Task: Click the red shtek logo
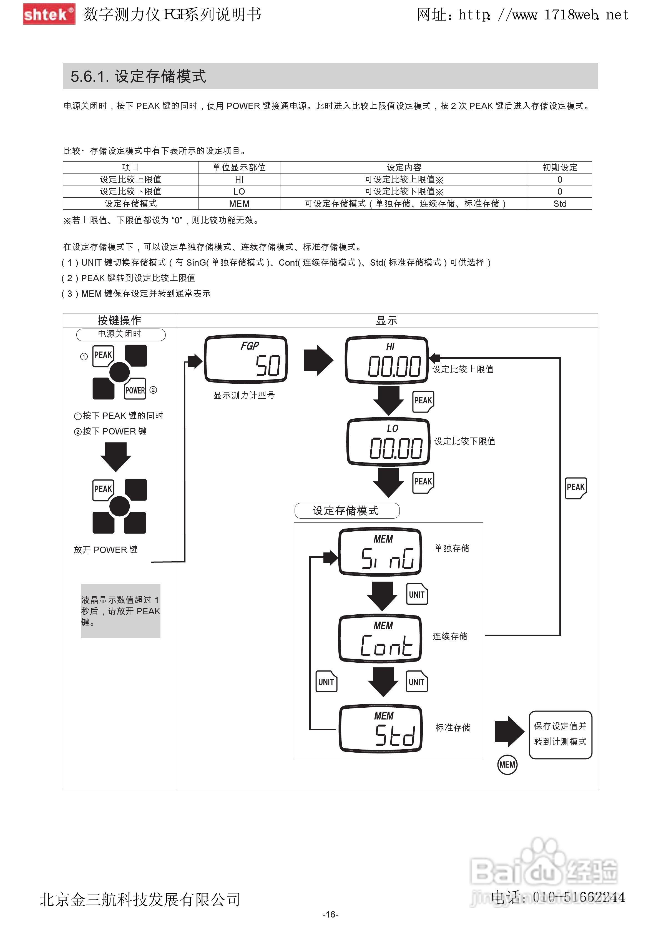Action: [49, 14]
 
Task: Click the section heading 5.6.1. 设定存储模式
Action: [139, 76]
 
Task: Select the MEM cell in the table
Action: [239, 203]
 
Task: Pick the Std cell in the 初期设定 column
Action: [560, 203]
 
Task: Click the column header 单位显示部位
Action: [239, 167]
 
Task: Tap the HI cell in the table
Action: [239, 180]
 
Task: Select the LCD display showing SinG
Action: [380, 552]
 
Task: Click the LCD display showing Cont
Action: [380, 639]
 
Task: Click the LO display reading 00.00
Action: [388, 442]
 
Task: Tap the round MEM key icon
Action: [507, 765]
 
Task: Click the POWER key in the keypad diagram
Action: [135, 390]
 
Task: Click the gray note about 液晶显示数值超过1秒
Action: [120, 611]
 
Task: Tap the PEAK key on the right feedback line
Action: [575, 487]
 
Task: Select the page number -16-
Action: [330, 914]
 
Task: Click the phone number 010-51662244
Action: [578, 897]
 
